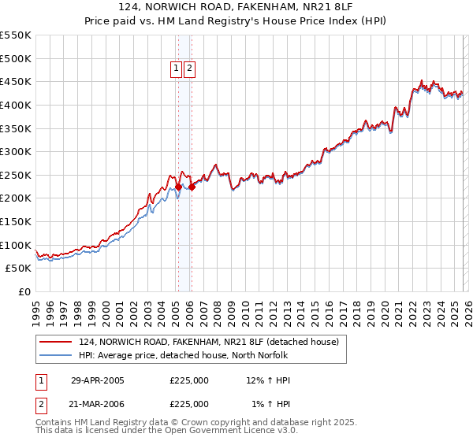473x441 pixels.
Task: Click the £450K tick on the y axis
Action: (16, 81)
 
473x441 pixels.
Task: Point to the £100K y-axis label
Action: (16, 245)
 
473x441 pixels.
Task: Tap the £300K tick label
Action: (16, 151)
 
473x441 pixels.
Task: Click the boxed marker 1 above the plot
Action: (177, 69)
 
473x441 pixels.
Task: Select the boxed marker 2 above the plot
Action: (190, 69)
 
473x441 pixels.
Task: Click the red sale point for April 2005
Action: (179, 187)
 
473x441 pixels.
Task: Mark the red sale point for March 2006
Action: (192, 187)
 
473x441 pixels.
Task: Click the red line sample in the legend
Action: (57, 342)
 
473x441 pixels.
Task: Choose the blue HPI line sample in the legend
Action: (57, 355)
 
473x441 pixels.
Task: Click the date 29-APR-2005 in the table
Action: (98, 380)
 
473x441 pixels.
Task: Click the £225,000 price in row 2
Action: (189, 403)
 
